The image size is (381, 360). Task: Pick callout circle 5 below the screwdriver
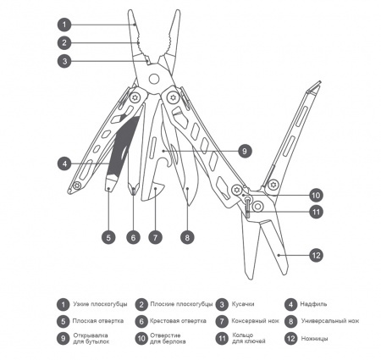coord(108,238)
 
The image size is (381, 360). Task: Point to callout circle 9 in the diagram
coord(242,151)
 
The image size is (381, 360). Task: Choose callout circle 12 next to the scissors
coord(315,254)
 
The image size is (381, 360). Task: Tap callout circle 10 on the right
coord(315,194)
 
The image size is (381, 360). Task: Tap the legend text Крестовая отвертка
coord(178,321)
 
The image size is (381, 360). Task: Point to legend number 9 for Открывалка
coord(63,338)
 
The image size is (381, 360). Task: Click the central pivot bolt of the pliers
coord(154,79)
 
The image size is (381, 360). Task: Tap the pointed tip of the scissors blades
coord(279,255)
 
